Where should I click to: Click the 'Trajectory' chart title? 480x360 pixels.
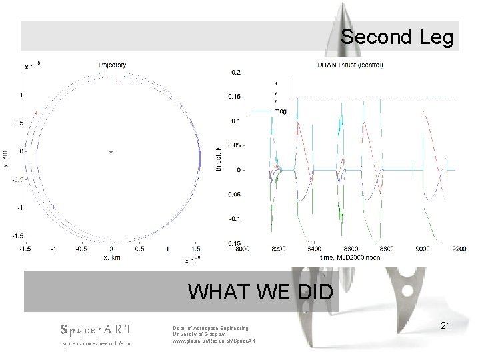pos(112,65)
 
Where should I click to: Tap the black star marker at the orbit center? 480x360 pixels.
pos(111,151)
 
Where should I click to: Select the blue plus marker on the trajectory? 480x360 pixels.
pos(53,207)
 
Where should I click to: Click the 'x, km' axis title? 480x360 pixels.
pos(111,257)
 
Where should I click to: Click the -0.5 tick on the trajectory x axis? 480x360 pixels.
pos(82,249)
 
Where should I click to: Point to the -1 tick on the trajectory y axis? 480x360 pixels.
pos(21,207)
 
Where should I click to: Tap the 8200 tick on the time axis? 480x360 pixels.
pos(279,249)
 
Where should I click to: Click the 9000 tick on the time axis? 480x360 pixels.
pos(423,249)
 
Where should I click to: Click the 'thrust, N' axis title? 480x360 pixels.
pos(220,157)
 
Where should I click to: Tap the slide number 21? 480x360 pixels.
pos(446,325)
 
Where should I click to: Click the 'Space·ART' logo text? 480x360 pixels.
pos(96,329)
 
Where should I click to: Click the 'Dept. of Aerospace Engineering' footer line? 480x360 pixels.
pos(210,328)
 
